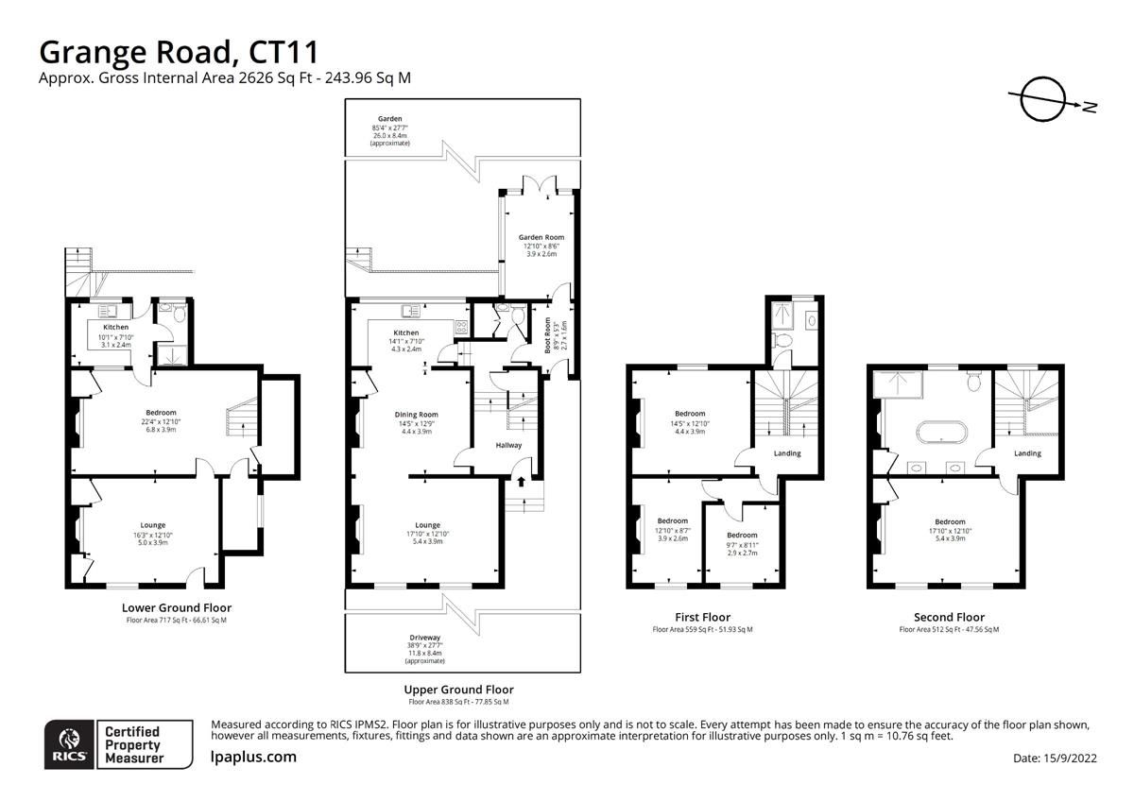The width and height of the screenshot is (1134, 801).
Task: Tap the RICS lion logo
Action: [70, 743]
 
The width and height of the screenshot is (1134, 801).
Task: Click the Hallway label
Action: [508, 446]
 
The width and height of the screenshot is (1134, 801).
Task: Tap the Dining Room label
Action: [416, 415]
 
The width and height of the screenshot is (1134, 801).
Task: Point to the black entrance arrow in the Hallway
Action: [521, 482]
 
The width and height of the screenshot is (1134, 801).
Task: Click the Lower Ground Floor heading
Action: [177, 607]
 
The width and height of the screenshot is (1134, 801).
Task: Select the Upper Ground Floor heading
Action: [458, 690]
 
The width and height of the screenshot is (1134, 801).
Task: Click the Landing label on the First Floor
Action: [787, 453]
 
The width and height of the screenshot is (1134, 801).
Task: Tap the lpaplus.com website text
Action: [252, 757]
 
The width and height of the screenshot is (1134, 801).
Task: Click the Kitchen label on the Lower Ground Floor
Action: [116, 328]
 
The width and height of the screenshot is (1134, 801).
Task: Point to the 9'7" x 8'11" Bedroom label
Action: [742, 536]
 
